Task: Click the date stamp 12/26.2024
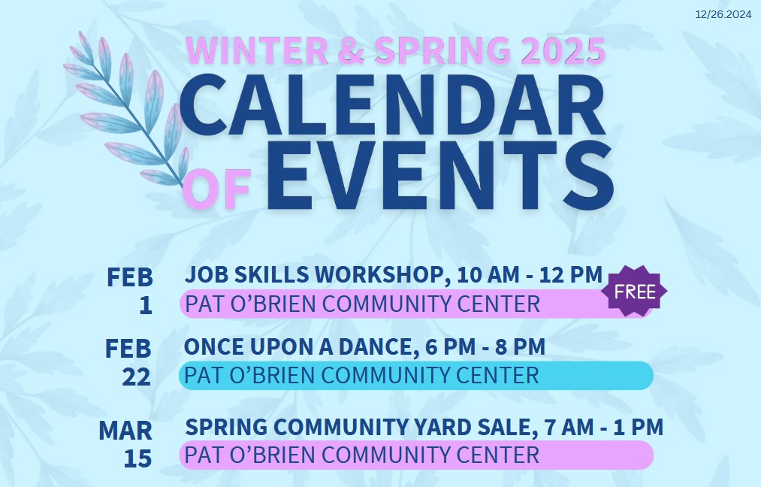click(x=723, y=14)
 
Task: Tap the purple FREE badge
click(x=634, y=292)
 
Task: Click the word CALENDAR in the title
click(x=393, y=105)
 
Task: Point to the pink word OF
click(x=219, y=189)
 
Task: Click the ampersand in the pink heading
click(x=351, y=50)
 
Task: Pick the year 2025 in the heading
click(x=563, y=50)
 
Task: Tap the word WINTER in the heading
click(x=257, y=50)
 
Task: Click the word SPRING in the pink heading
click(x=442, y=50)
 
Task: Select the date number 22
click(x=137, y=377)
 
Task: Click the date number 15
click(x=137, y=458)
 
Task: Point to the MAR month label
click(x=125, y=431)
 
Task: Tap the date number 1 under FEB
click(x=146, y=305)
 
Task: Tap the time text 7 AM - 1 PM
click(x=604, y=428)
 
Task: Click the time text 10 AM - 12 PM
click(x=530, y=274)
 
